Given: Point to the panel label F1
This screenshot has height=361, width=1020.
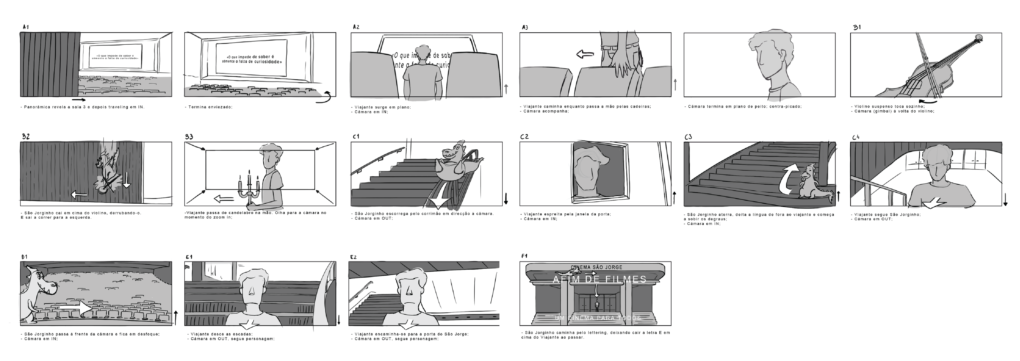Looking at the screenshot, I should click(x=524, y=256).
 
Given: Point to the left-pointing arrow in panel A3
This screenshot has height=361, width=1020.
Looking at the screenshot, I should click(x=585, y=54).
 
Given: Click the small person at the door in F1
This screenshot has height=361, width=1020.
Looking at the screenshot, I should click(x=597, y=305).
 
